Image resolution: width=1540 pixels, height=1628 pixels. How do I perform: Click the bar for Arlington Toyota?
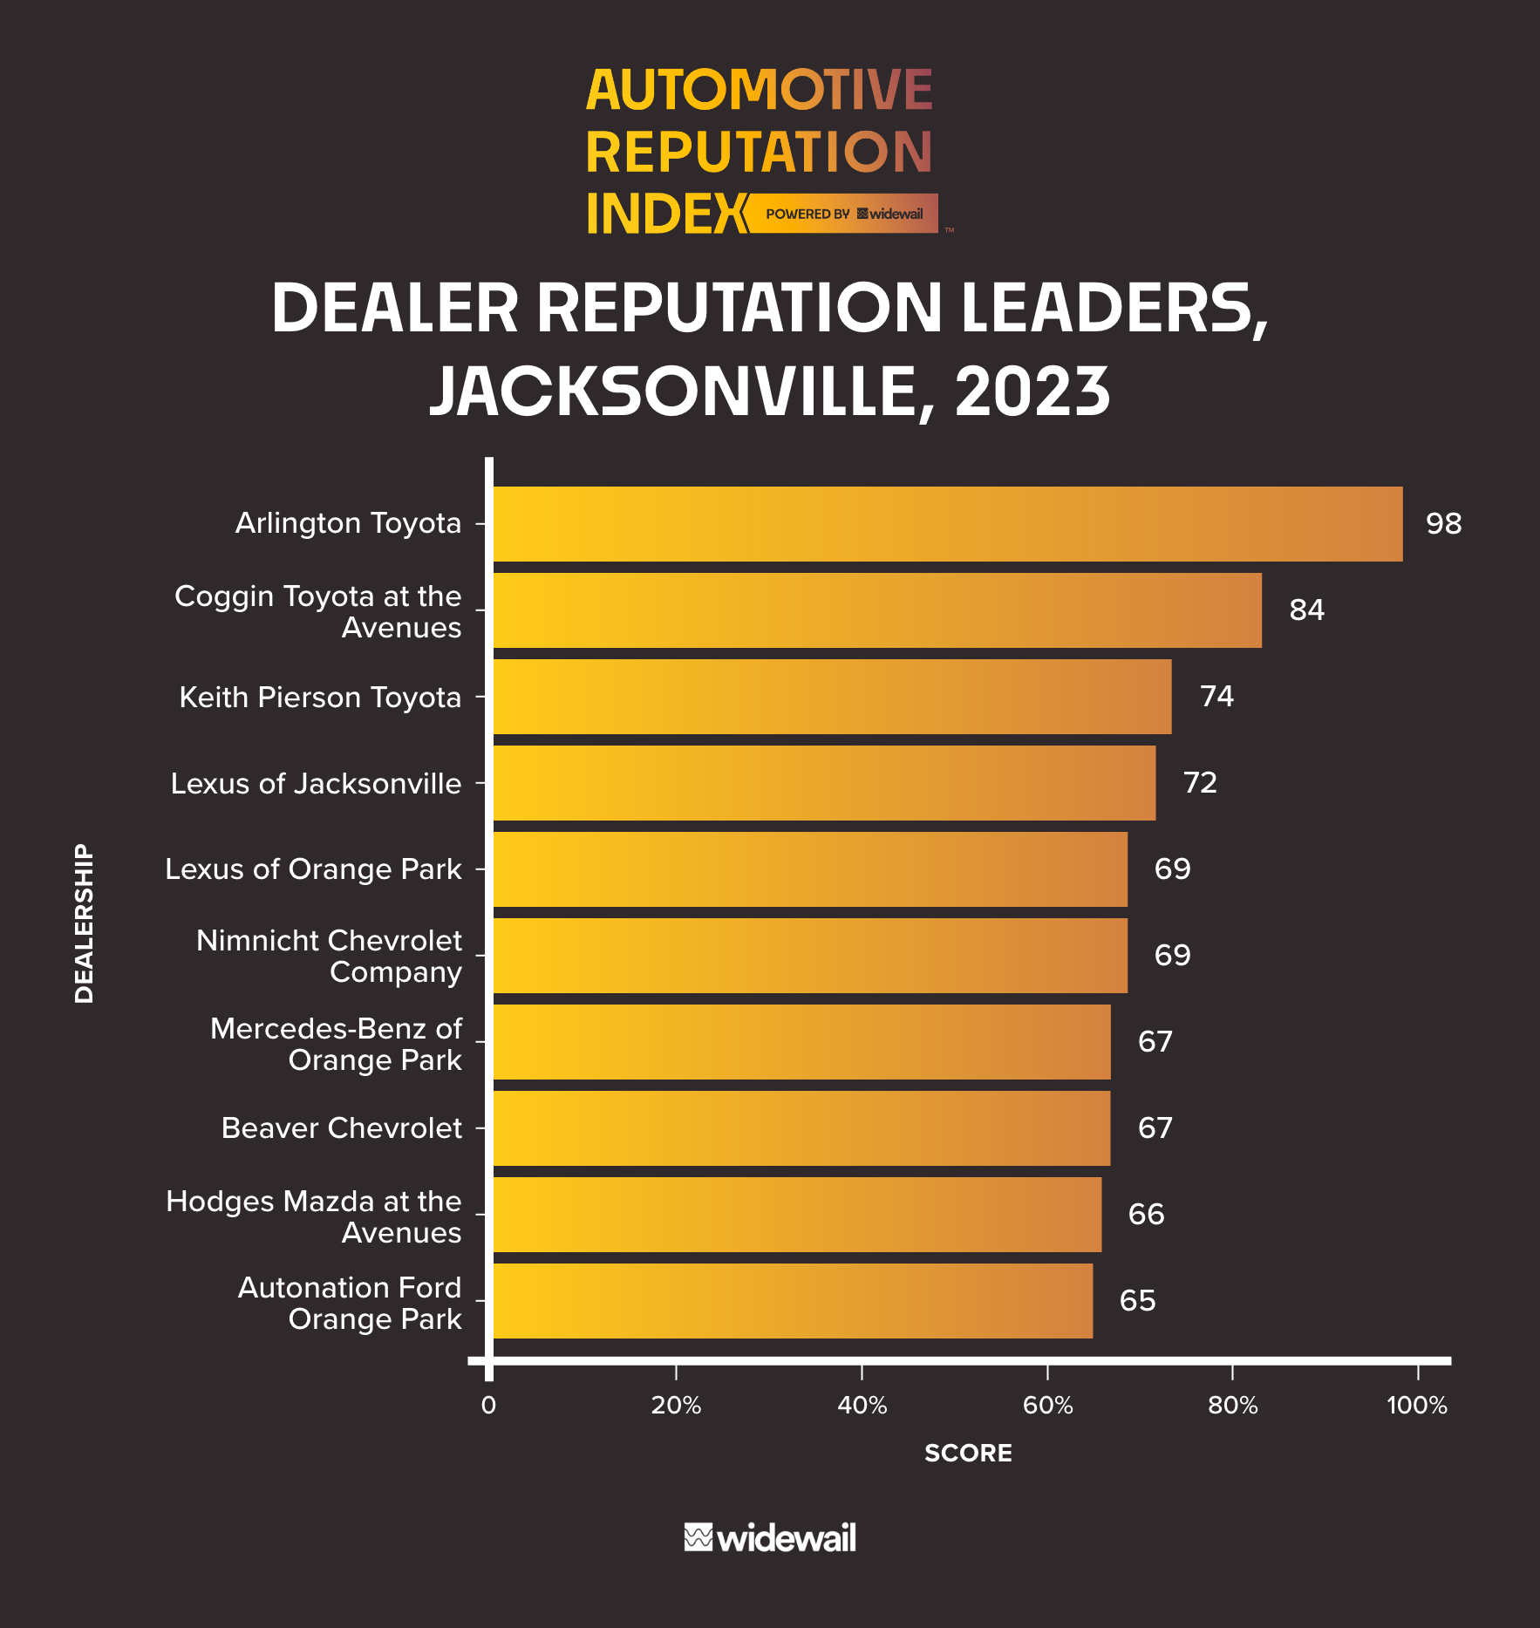(x=948, y=523)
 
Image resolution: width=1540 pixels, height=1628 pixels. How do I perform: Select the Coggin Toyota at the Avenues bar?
(x=877, y=610)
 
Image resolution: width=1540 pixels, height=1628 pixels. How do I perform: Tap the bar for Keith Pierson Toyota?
(x=832, y=696)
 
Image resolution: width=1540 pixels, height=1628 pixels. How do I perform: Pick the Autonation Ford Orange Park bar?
(x=793, y=1300)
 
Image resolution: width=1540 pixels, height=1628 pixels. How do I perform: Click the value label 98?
(x=1443, y=523)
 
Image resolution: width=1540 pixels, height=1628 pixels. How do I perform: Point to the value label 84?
(x=1306, y=610)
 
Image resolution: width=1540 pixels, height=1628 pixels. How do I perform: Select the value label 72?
(x=1200, y=782)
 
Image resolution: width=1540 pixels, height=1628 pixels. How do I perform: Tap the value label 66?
(x=1146, y=1214)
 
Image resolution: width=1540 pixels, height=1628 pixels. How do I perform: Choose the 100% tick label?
(x=1417, y=1406)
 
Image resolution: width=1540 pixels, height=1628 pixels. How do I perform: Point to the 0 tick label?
(x=488, y=1406)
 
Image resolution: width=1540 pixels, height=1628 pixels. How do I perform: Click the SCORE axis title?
(x=968, y=1453)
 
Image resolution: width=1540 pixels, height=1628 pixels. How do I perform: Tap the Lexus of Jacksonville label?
(x=316, y=783)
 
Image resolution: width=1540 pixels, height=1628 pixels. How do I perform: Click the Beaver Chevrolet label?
(x=341, y=1127)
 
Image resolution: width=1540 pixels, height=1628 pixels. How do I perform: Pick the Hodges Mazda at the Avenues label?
(x=314, y=1216)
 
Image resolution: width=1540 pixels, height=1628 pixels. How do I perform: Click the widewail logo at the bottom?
(x=770, y=1537)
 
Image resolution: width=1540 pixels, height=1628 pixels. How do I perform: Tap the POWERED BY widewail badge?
(x=843, y=214)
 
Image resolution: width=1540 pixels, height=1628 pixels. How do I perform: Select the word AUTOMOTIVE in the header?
(x=759, y=90)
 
